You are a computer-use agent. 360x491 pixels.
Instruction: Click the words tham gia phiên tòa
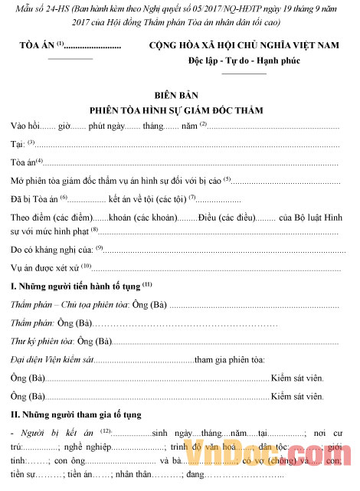click(x=230, y=359)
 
